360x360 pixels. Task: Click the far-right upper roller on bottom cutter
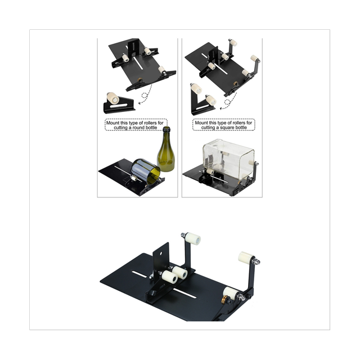246,259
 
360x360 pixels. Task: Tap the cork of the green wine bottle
166,130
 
